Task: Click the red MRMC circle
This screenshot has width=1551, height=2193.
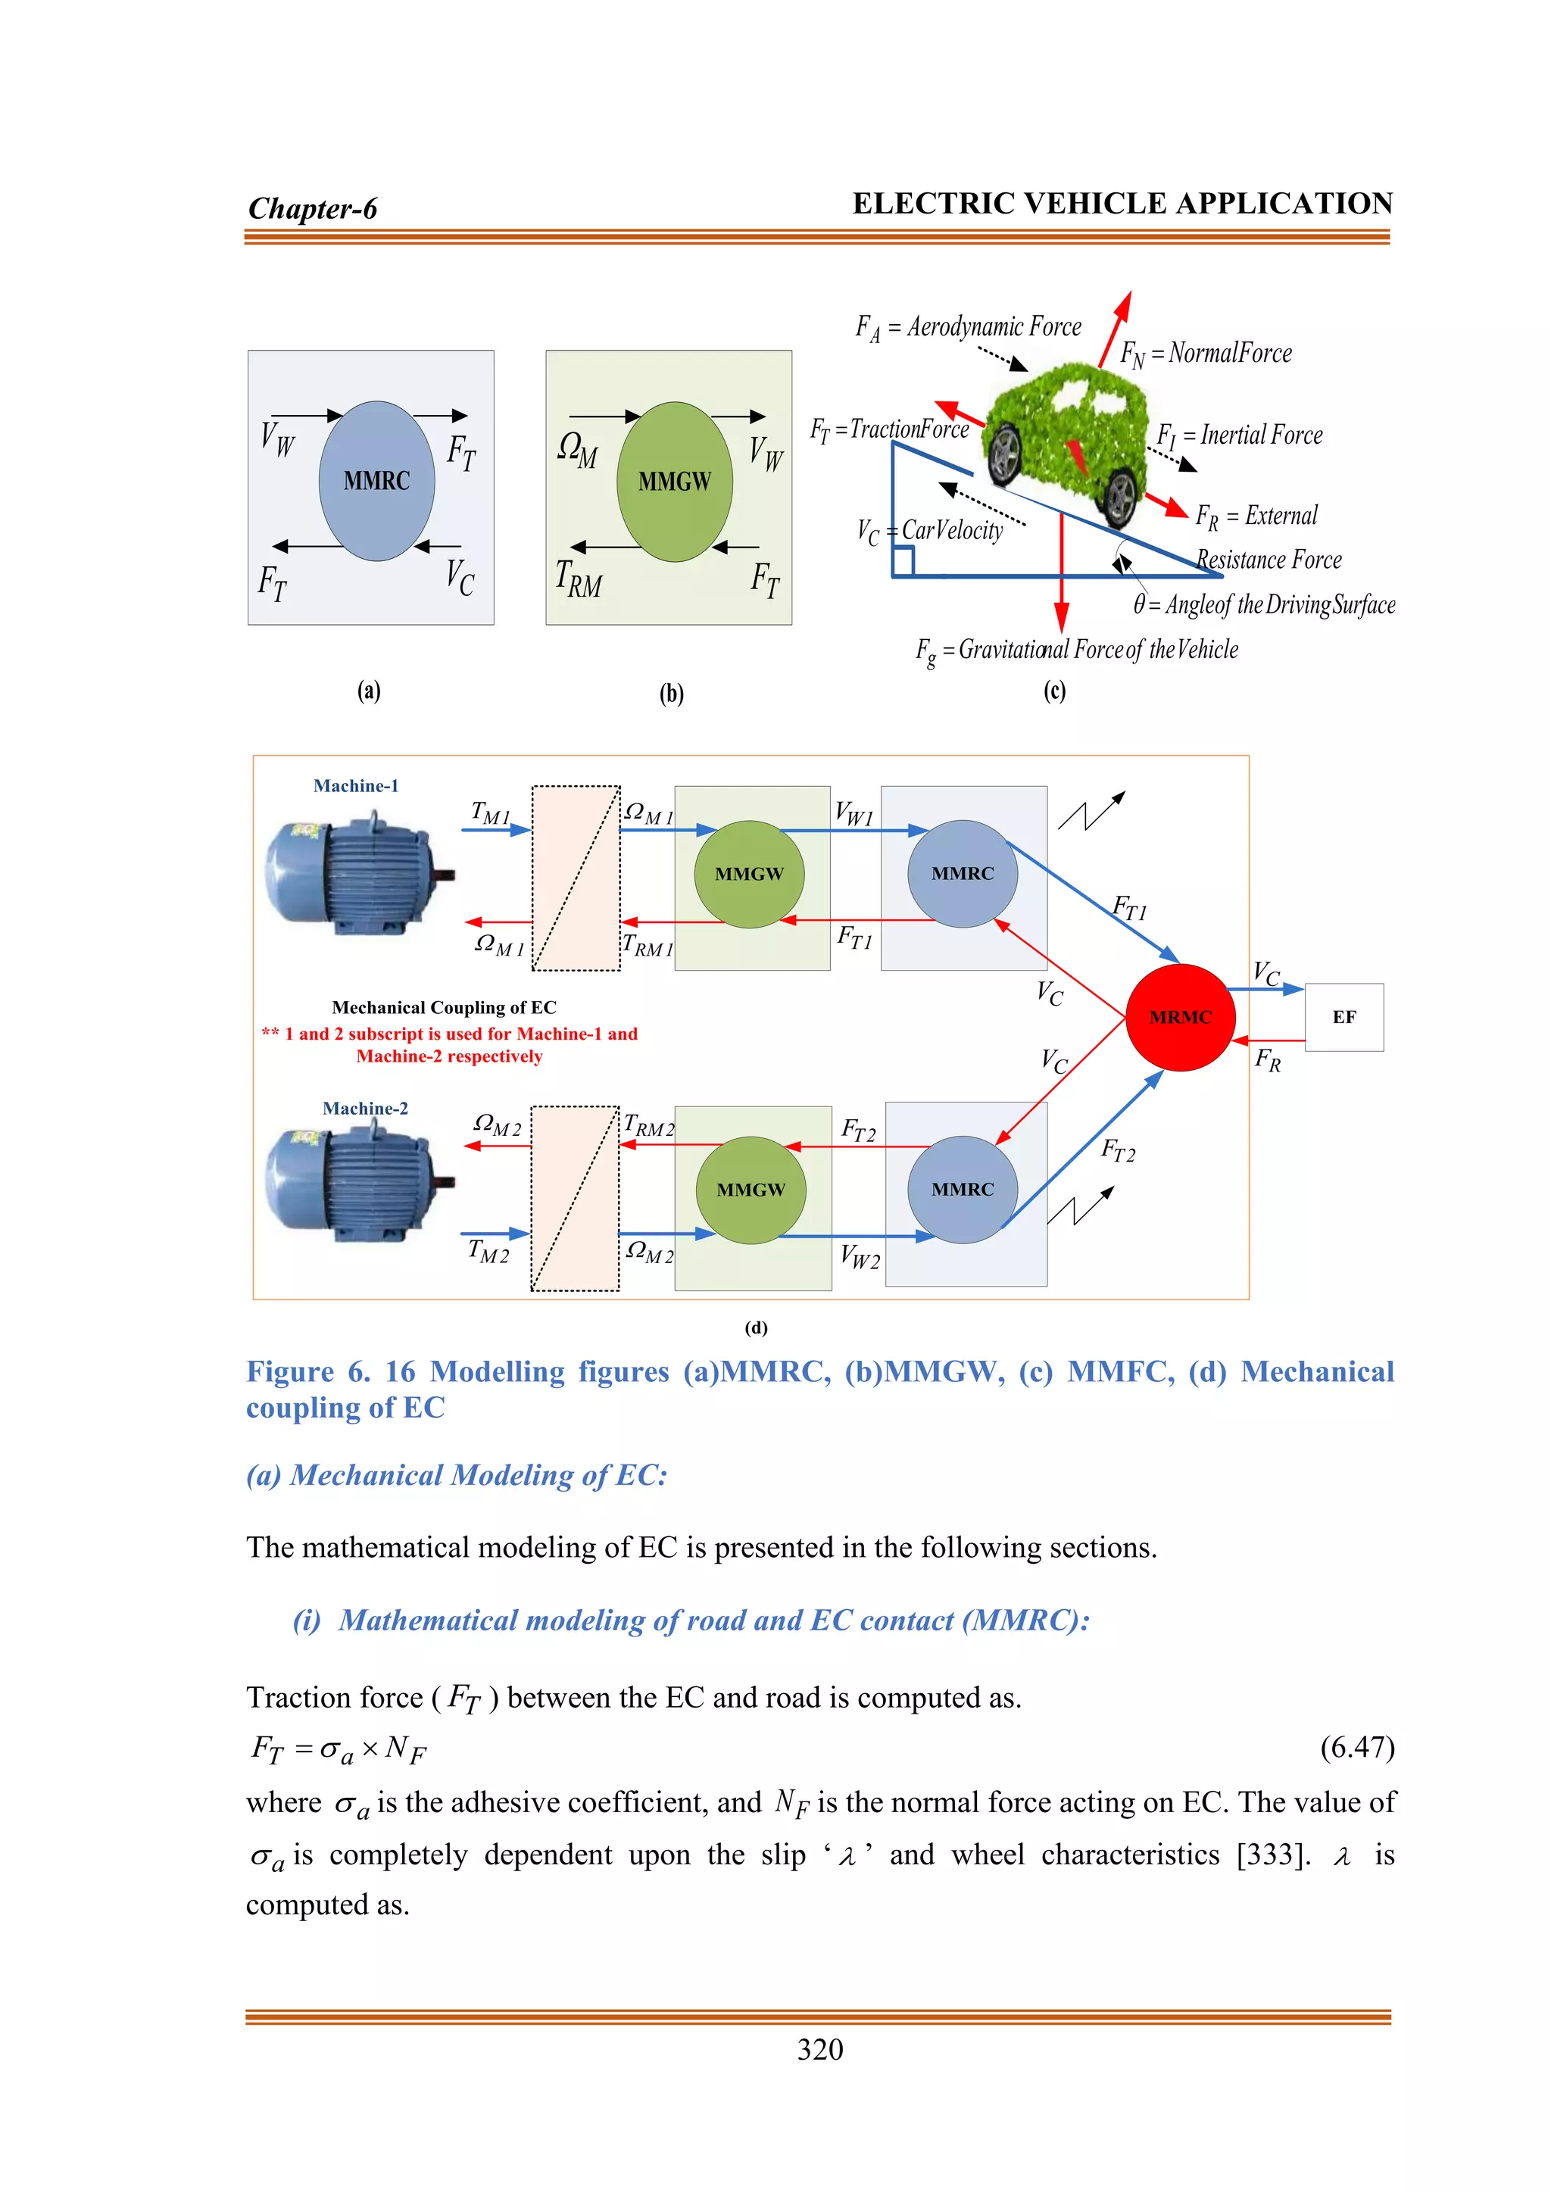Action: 1181,1017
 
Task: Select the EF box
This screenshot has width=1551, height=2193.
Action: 1343,1017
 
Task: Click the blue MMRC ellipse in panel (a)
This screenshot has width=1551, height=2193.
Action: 376,480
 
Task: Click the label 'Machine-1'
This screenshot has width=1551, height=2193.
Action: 355,786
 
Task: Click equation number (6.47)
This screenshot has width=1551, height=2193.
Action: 1357,1747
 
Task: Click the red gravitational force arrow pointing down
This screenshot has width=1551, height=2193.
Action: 1061,582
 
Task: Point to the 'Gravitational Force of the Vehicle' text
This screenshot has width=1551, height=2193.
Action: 1097,650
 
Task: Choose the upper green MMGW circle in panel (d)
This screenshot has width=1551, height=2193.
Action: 749,874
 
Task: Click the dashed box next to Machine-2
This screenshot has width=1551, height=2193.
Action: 575,1199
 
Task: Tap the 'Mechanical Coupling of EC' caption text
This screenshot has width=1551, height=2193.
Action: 444,1008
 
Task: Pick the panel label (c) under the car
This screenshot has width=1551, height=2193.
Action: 1053,691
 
